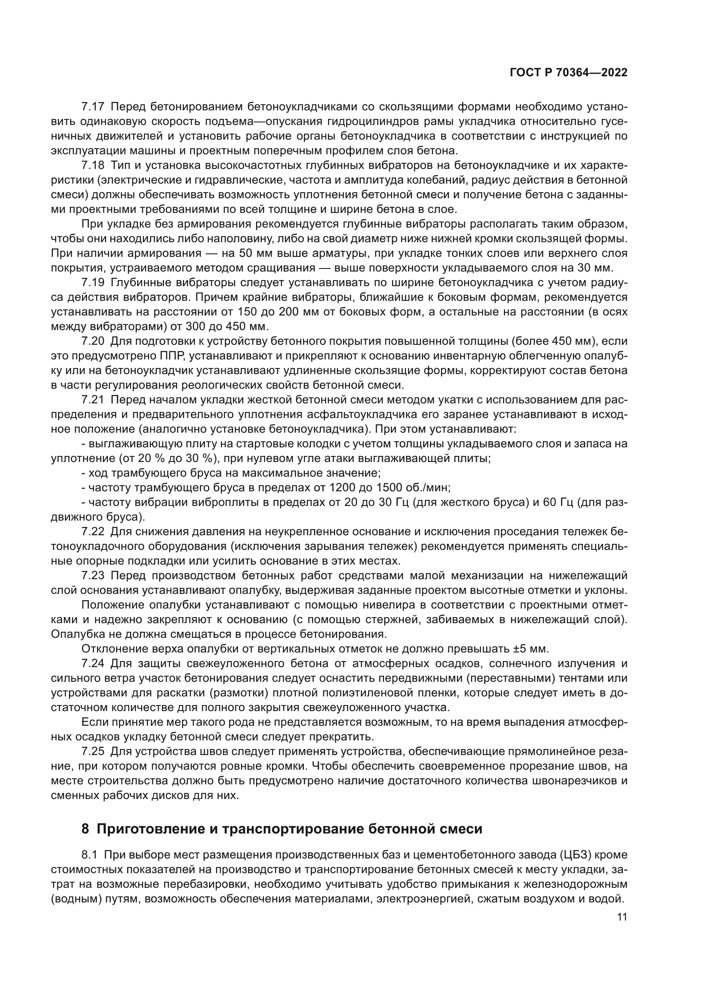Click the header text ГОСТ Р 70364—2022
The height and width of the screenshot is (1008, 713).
tap(569, 73)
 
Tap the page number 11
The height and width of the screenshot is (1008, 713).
tap(622, 917)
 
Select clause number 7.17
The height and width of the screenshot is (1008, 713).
tap(93, 107)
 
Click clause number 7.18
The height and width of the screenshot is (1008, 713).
tap(93, 165)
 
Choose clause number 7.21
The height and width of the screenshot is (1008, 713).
tap(93, 399)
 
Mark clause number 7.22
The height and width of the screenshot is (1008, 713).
tap(93, 532)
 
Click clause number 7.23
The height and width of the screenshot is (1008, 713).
tap(93, 576)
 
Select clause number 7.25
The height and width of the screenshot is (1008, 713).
tap(93, 751)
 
